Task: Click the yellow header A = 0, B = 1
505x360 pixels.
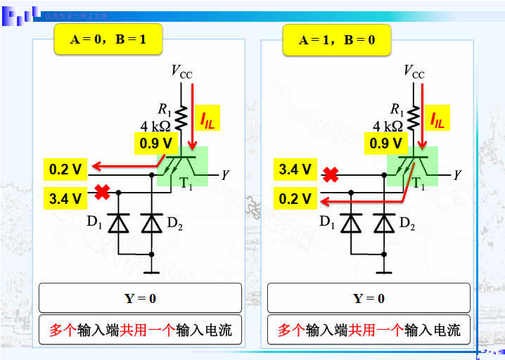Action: click(108, 40)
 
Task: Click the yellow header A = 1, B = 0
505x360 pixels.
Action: click(337, 40)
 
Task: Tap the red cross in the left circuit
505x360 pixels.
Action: click(102, 191)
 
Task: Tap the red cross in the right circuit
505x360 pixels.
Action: click(331, 174)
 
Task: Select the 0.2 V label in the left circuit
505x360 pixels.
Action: click(65, 169)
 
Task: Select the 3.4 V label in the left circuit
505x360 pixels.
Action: click(65, 198)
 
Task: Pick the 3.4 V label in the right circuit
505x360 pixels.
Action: click(295, 169)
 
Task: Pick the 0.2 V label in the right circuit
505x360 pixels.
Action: click(295, 198)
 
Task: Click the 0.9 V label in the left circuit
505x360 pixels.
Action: click(155, 143)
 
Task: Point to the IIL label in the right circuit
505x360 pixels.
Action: click(437, 120)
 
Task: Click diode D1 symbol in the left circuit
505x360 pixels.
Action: click(118, 223)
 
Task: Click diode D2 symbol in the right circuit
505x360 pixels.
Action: click(383, 223)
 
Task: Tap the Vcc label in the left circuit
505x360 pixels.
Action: click(181, 71)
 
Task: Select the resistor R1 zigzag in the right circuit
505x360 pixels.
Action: click(414, 117)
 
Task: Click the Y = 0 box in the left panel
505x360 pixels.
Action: click(140, 298)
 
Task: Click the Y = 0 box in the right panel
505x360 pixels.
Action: click(369, 298)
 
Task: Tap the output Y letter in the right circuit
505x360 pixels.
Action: click(457, 174)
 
